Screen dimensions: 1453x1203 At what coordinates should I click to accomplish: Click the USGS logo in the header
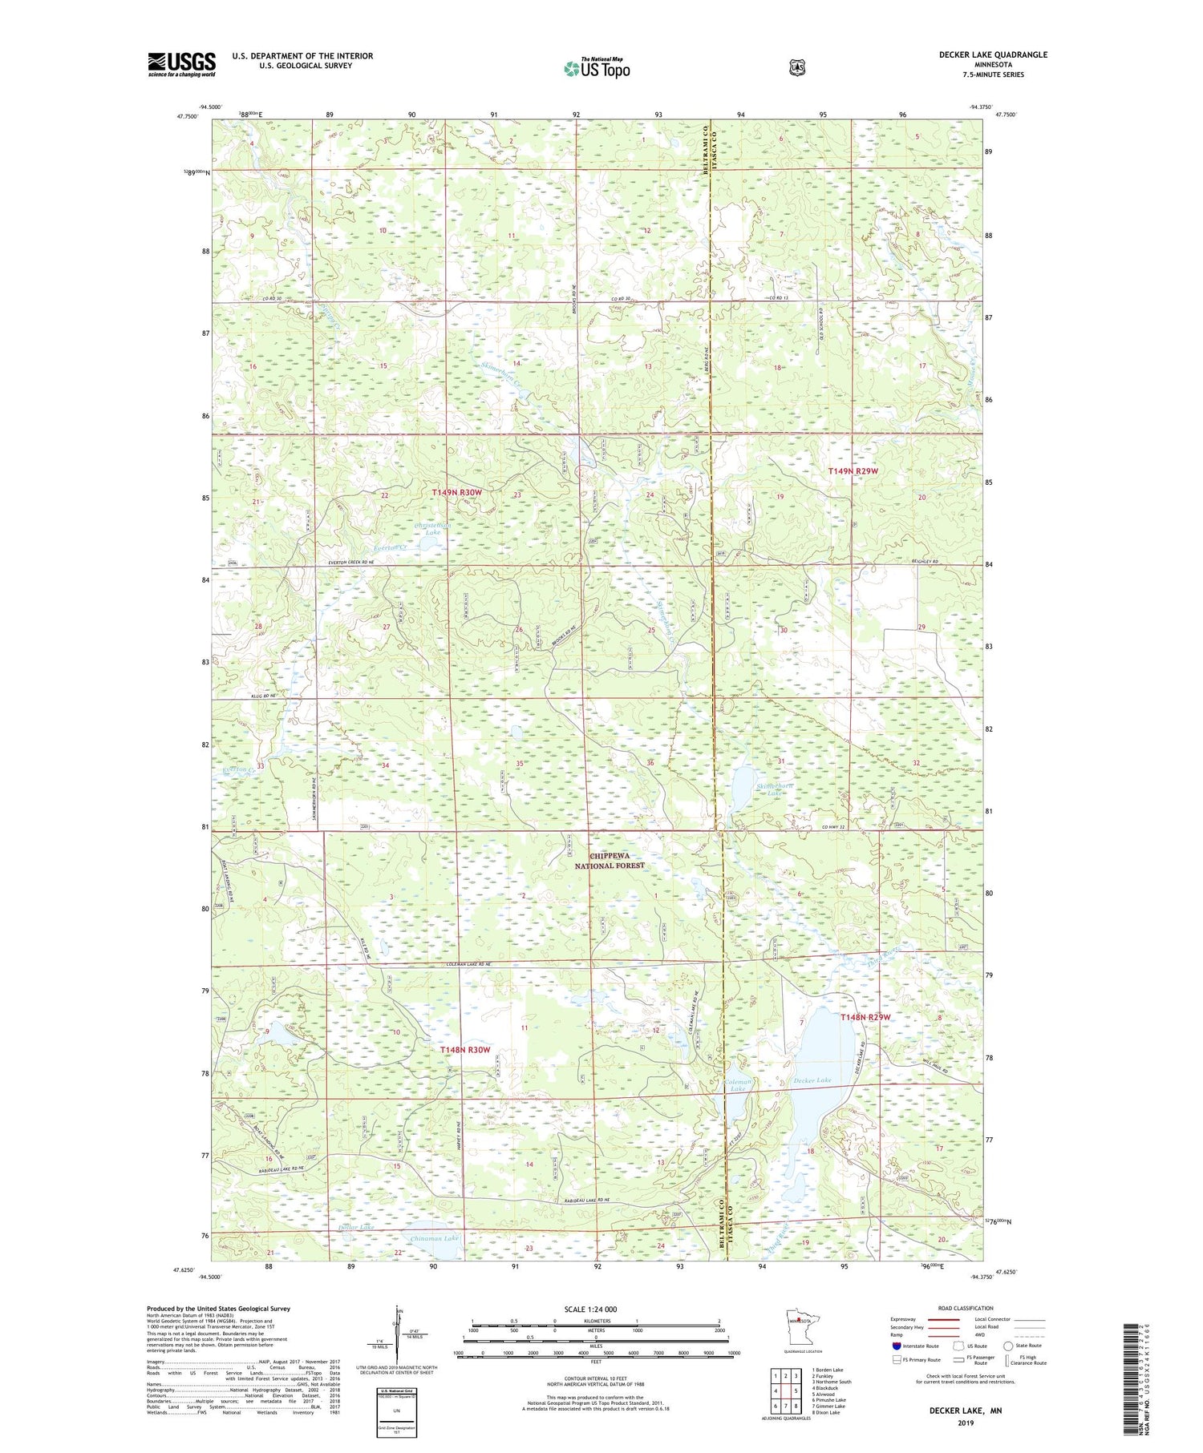click(181, 64)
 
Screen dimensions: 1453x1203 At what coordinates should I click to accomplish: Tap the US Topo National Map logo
click(596, 68)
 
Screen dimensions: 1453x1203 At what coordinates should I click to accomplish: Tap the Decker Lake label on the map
click(812, 1081)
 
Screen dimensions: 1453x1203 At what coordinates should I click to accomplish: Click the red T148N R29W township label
click(865, 1017)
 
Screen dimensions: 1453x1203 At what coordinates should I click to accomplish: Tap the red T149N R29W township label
click(853, 471)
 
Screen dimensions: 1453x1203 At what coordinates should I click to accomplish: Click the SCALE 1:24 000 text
click(590, 1309)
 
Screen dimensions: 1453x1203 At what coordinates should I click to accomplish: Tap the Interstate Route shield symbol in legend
click(896, 1346)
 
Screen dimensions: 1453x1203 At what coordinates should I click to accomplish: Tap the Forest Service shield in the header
click(796, 68)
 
